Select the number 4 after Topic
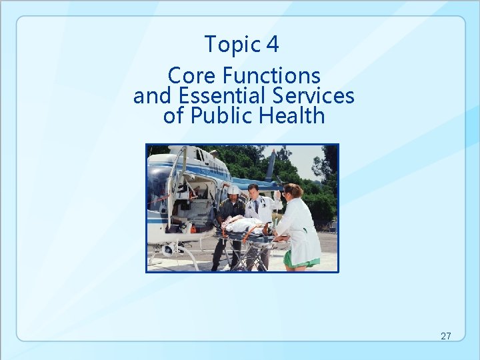point(272,45)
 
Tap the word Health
point(292,116)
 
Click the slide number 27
point(446,336)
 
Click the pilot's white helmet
point(233,190)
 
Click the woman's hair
point(293,192)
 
